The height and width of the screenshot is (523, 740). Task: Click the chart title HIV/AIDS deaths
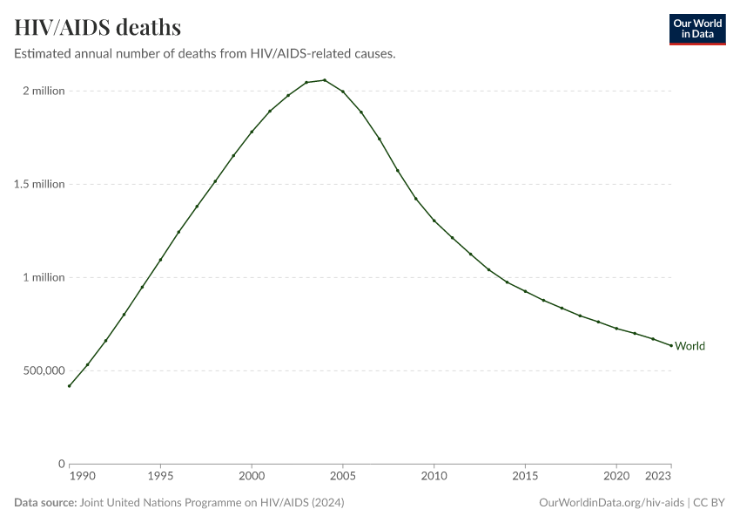coord(98,27)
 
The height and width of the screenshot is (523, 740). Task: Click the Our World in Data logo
coord(696,29)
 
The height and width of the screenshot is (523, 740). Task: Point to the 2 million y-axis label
coord(44,91)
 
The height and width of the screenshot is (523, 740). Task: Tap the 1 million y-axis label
coord(44,277)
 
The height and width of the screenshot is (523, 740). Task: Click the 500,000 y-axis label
coord(43,370)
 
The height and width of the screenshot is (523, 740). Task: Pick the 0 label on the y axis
coord(62,464)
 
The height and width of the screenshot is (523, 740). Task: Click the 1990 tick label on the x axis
coord(82,477)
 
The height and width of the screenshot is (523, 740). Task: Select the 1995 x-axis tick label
coord(160,477)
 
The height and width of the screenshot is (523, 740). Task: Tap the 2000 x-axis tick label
coord(252,477)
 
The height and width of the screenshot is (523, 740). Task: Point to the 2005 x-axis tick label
coord(343,477)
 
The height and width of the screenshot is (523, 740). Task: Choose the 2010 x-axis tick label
coord(434,477)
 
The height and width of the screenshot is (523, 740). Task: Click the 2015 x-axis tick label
coord(525,477)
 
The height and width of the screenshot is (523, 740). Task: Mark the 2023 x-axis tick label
coord(659,477)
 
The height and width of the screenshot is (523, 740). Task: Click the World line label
coord(690,346)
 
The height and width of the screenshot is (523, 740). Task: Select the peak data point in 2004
coord(325,80)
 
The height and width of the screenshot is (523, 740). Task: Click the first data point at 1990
coord(70,386)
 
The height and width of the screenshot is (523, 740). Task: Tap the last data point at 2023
coord(671,345)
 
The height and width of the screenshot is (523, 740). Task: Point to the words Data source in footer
coord(45,503)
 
